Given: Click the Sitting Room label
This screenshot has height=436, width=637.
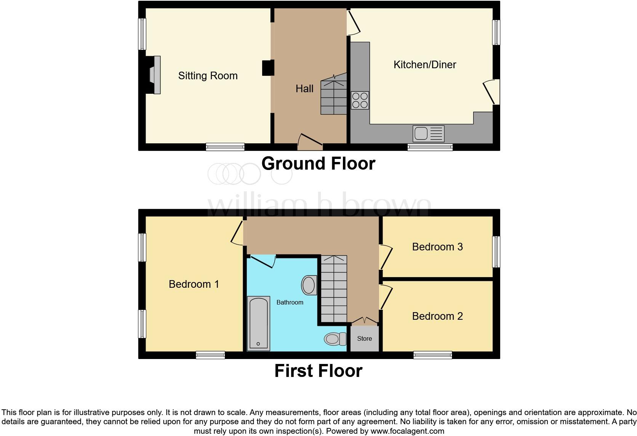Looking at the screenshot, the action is point(208,76).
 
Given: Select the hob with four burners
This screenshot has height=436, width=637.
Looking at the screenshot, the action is point(360,100).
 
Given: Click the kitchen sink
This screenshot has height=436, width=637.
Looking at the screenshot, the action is point(429,134).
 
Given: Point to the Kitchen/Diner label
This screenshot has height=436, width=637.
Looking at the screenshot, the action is point(425,65).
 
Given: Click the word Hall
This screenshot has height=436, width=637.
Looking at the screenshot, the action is point(304,89).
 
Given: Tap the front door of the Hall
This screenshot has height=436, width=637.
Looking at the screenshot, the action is point(310,142).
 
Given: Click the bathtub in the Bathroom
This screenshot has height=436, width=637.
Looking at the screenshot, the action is point(259,323).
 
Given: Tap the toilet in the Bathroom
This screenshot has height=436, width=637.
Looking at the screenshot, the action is point(335,339).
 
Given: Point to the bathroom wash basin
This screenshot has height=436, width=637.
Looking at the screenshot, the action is point(309,285).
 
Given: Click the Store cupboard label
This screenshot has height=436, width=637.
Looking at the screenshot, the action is point(364,338).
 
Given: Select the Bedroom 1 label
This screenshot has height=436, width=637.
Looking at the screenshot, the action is point(194,284).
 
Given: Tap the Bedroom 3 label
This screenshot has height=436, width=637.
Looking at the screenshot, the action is point(437,247).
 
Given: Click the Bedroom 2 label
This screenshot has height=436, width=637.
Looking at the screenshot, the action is point(437,316).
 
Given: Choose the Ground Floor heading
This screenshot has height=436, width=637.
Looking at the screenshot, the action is point(318,163).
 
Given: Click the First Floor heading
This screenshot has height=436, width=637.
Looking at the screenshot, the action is point(318,371).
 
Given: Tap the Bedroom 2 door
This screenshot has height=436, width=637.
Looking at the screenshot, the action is point(386,297).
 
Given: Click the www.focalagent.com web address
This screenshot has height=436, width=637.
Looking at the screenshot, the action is point(407,431).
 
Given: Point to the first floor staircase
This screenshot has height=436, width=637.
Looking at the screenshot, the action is point(334,289).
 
